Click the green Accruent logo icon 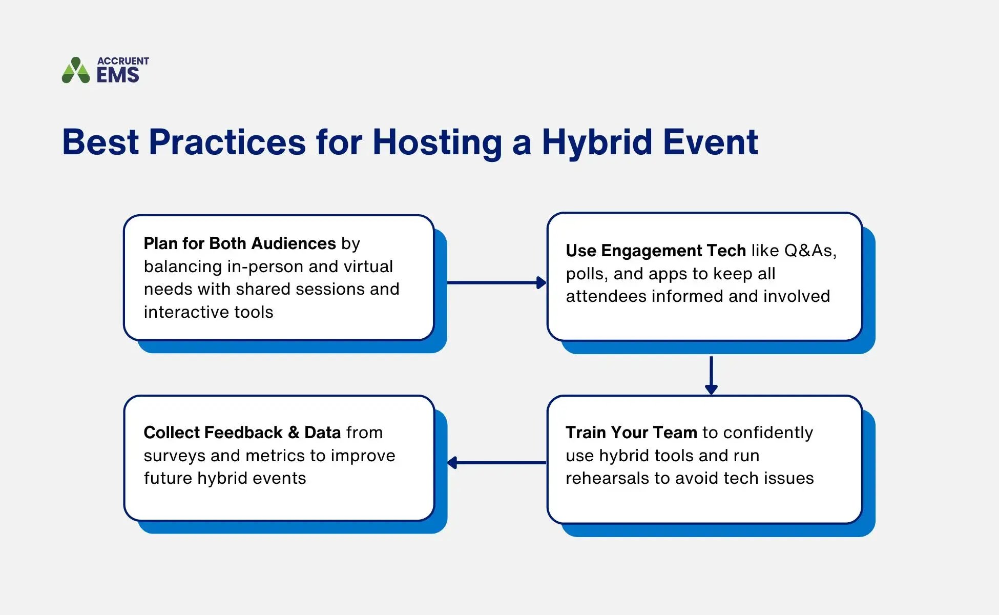tap(76, 71)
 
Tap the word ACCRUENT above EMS tap(123, 61)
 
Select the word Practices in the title tap(227, 142)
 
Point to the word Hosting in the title tap(438, 142)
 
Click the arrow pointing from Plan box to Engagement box tap(496, 282)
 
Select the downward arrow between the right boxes tap(711, 375)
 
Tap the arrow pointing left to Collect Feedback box tap(496, 463)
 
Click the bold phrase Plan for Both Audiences tap(239, 243)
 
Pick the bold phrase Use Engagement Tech tap(655, 251)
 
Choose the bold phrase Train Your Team tap(631, 433)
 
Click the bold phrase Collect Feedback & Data tap(242, 433)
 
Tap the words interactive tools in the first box tap(209, 312)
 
